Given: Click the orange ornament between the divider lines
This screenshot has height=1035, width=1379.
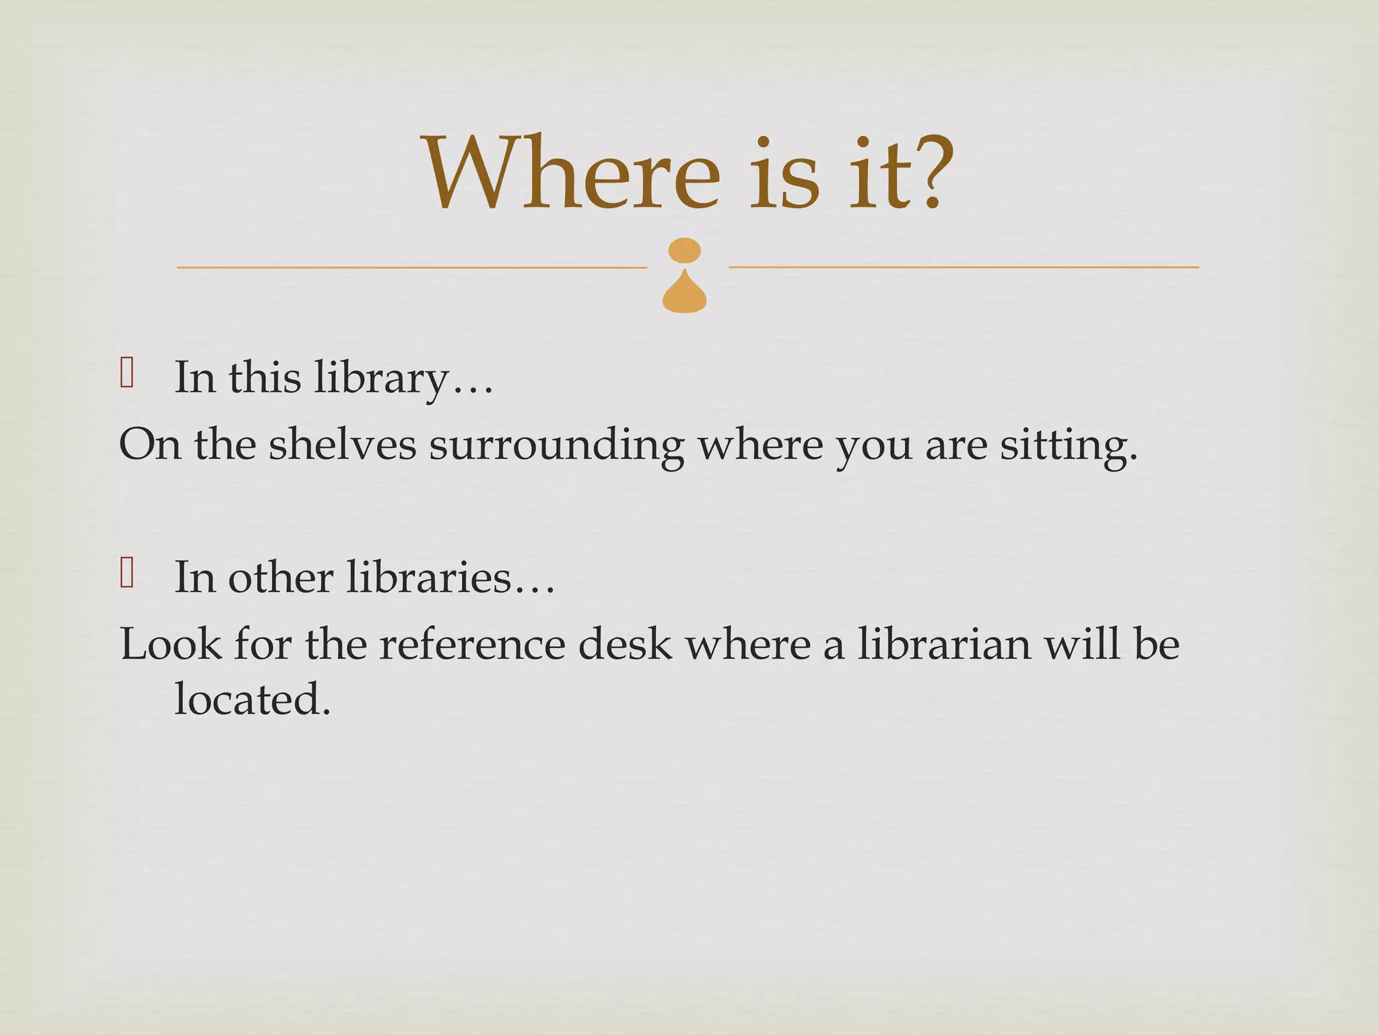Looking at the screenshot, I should [x=685, y=276].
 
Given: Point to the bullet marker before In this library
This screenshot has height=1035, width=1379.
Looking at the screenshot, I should [x=127, y=373].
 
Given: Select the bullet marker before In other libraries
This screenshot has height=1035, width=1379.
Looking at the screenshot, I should [x=127, y=573].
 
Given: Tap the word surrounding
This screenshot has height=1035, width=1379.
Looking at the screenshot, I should [x=556, y=446].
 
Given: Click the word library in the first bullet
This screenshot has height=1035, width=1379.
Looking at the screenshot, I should [x=381, y=378].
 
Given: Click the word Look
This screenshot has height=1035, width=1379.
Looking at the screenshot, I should [x=170, y=644].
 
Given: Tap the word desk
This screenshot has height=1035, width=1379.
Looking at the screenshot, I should [x=624, y=644].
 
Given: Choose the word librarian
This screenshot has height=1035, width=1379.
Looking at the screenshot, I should [x=943, y=644].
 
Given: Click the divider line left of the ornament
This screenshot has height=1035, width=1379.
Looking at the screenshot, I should [x=411, y=268].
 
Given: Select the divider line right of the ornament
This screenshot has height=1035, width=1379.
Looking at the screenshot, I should [x=964, y=268].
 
